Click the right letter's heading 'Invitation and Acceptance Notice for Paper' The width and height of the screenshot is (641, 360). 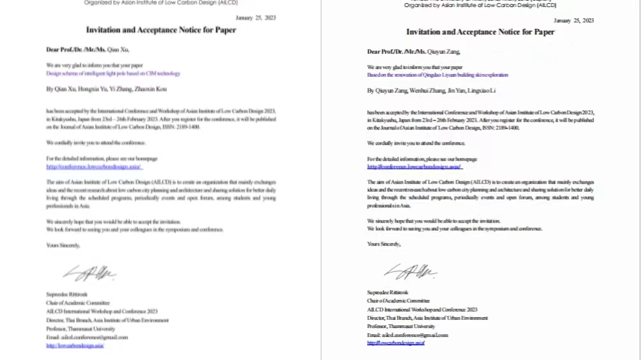(x=480, y=32)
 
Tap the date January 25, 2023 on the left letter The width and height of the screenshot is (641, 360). (x=255, y=18)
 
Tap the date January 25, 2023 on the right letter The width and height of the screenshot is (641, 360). (x=573, y=20)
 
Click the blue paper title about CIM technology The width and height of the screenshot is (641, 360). (x=113, y=74)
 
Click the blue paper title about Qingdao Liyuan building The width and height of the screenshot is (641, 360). (x=438, y=75)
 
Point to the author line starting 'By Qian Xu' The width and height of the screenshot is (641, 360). (x=106, y=89)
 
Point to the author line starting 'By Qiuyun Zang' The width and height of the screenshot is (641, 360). (x=431, y=91)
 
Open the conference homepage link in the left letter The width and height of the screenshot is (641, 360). (x=94, y=167)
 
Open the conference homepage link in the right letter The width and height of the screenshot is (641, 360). (x=415, y=167)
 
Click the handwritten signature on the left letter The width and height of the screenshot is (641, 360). (x=90, y=273)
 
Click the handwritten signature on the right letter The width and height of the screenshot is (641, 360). (x=410, y=272)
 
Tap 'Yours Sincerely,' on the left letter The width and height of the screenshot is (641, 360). (x=63, y=245)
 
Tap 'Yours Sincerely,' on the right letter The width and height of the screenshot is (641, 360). (x=384, y=244)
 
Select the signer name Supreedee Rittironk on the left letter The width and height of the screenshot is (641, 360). (x=61, y=294)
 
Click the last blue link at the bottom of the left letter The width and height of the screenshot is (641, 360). (x=75, y=345)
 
